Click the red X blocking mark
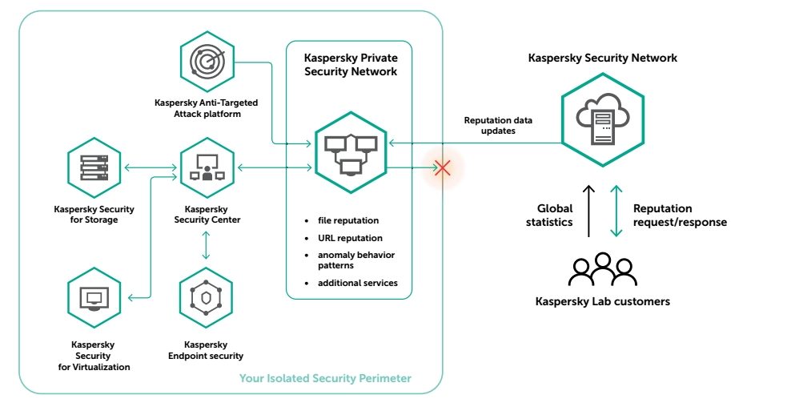[x=443, y=167]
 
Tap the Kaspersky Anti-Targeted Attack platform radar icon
[x=207, y=62]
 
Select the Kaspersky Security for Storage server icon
[x=94, y=167]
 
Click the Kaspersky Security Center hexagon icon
[x=207, y=167]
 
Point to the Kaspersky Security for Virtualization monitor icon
[x=94, y=298]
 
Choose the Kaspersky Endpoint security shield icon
[x=206, y=298]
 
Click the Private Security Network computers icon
[x=351, y=152]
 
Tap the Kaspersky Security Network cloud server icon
[x=603, y=119]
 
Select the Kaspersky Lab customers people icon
[x=603, y=270]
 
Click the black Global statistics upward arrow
[x=588, y=211]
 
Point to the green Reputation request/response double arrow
[x=616, y=211]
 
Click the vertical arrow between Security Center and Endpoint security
[x=206, y=245]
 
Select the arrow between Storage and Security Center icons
[x=151, y=167]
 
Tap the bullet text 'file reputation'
[x=348, y=220]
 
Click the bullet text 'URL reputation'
[x=350, y=238]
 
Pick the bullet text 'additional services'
[x=358, y=284]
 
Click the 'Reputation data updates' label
[x=498, y=125]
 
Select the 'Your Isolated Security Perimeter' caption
[x=325, y=378]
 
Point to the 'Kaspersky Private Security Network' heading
[x=351, y=65]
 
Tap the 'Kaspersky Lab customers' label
[x=603, y=301]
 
